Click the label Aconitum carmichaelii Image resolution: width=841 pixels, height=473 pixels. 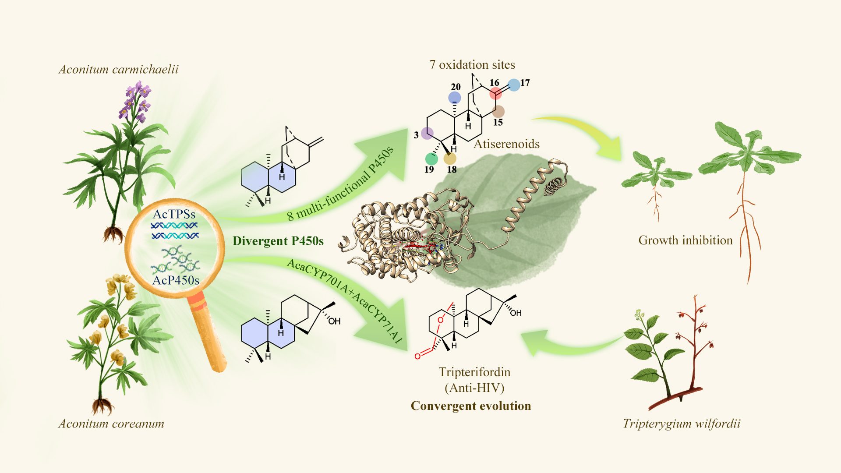[x=119, y=69]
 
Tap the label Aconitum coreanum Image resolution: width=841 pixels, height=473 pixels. [x=111, y=424]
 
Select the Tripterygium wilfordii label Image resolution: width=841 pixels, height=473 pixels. [x=682, y=424]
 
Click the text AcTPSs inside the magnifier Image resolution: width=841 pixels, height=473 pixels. [x=174, y=214]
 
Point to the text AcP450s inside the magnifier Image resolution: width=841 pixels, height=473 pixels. [x=176, y=280]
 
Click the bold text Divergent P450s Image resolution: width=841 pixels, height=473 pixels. [x=278, y=241]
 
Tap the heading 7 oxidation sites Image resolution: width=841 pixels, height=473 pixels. [x=472, y=65]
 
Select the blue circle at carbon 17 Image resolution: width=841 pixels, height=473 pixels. [x=514, y=85]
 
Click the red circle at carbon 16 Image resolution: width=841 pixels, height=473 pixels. [x=496, y=93]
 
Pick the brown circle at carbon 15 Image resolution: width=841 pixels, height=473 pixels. [x=498, y=111]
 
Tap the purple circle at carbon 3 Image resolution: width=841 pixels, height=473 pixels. [x=428, y=133]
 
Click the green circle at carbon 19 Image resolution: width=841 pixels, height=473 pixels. [x=431, y=159]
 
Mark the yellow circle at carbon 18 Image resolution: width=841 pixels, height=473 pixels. [x=450, y=158]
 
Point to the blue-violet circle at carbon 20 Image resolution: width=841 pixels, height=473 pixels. [x=455, y=97]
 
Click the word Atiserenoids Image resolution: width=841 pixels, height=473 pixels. [x=507, y=144]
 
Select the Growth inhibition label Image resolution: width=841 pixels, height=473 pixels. [x=686, y=240]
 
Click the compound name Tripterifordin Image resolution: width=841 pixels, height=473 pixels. [x=475, y=372]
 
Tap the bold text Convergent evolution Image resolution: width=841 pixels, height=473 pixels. [x=471, y=406]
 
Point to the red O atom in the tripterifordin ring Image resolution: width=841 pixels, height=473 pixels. [x=441, y=320]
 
